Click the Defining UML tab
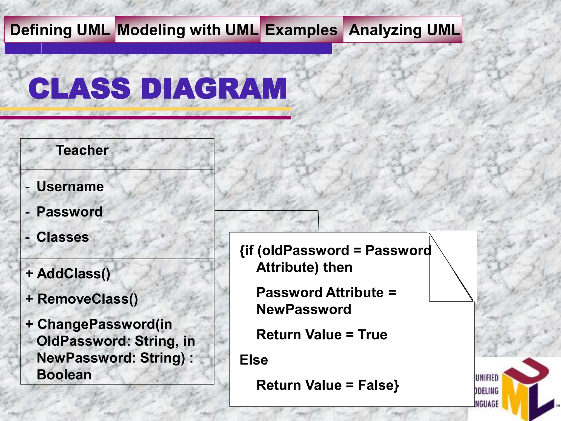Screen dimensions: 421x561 tap(60, 30)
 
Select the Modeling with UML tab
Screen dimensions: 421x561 tap(188, 30)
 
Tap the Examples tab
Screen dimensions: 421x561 tap(301, 30)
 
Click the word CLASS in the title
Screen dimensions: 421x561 tap(79, 89)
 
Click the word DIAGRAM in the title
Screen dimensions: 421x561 tap(214, 89)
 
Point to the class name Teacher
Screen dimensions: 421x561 tap(82, 150)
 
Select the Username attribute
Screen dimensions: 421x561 tap(70, 187)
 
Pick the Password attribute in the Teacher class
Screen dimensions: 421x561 tap(70, 212)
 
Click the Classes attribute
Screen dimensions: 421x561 tap(63, 237)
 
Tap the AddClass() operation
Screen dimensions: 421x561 tap(73, 274)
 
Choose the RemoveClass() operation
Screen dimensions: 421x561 tap(88, 299)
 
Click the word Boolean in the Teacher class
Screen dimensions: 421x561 tap(64, 375)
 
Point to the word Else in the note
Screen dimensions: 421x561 tap(254, 360)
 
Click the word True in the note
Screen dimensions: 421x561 tap(373, 335)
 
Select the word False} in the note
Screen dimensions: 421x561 tap(378, 385)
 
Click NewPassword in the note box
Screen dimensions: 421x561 tap(304, 309)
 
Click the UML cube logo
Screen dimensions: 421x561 tap(526, 389)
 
